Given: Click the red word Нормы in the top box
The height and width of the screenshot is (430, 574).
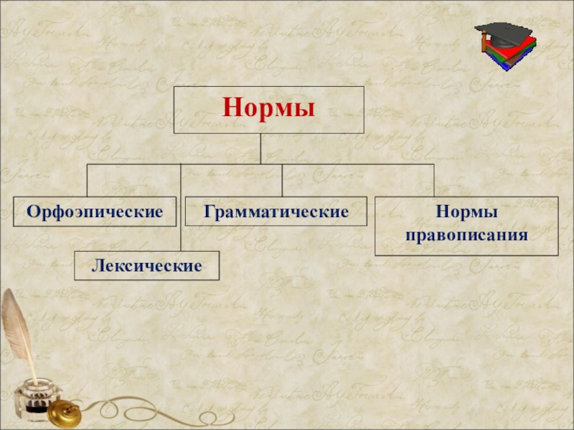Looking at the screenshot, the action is [269, 110].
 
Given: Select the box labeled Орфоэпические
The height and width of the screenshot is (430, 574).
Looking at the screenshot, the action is [94, 211].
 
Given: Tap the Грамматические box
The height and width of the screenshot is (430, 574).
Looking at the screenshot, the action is [276, 211].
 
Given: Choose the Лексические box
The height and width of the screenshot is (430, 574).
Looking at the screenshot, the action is [147, 266].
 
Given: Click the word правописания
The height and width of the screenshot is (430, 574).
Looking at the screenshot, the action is [466, 234].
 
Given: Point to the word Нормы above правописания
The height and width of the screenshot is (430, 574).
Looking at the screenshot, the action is [466, 213].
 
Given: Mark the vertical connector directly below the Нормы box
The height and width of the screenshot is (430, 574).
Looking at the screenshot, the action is [261, 149].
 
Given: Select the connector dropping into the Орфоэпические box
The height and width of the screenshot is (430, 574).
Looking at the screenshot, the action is [88, 180].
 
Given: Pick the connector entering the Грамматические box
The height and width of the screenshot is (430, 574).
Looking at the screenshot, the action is [282, 180].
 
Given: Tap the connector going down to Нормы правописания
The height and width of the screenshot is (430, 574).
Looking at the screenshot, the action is [434, 180].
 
